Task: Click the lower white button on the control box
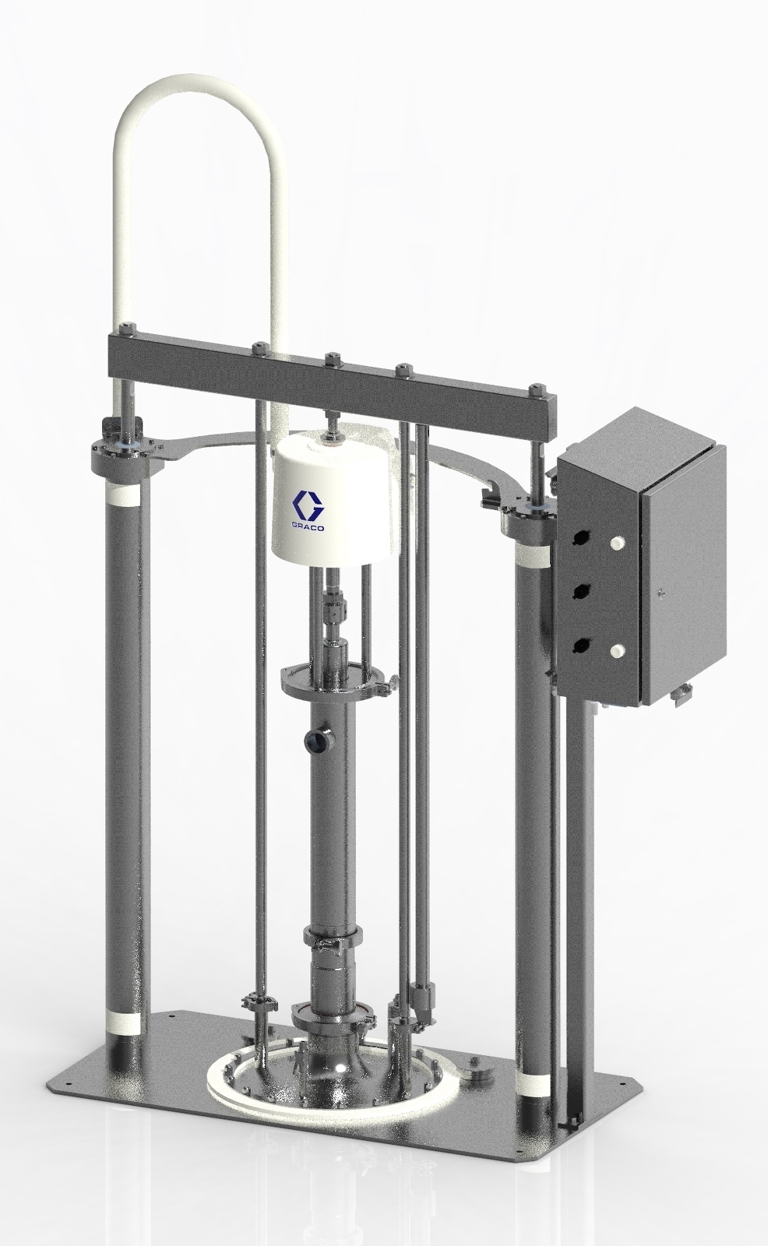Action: click(618, 648)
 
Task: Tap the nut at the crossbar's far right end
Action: click(537, 387)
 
